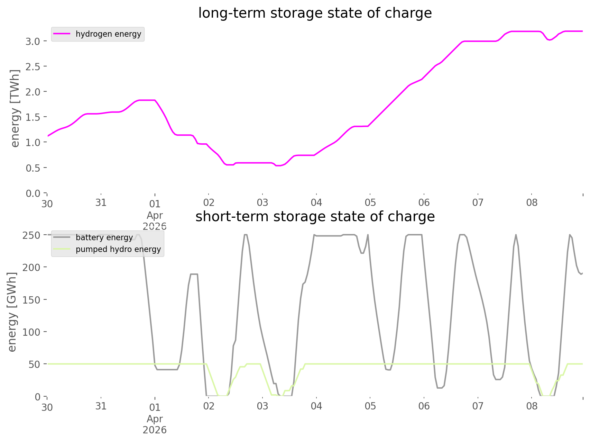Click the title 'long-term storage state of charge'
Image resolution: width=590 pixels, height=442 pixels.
tap(315, 13)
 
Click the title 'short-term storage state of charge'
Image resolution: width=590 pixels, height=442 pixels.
tap(315, 217)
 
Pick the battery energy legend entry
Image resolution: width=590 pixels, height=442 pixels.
tap(104, 237)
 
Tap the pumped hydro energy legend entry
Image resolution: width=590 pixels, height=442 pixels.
tap(118, 249)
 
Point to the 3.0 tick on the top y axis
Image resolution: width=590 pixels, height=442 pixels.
tap(33, 41)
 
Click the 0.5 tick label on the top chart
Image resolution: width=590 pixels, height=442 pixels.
tap(33, 168)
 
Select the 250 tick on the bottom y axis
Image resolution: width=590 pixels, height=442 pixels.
tap(31, 235)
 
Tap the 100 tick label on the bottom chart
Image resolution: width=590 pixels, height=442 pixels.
tap(31, 332)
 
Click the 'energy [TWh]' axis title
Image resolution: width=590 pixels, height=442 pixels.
tap(15, 108)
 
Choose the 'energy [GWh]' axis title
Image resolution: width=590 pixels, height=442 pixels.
tap(12, 312)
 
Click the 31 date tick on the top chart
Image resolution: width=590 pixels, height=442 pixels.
tap(101, 202)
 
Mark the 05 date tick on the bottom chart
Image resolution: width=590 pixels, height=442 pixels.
tap(370, 406)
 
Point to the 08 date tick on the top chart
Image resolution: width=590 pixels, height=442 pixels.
tap(532, 202)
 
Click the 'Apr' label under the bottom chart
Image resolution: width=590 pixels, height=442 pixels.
tap(155, 419)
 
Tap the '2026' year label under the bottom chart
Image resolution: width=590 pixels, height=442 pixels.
tap(155, 430)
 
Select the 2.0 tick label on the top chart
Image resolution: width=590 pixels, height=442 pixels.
tap(33, 92)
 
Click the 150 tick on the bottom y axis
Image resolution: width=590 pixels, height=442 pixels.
tap(31, 300)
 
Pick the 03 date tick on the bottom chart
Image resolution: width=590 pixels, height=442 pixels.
tap(262, 406)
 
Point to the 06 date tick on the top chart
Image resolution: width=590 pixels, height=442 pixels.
tap(424, 202)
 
